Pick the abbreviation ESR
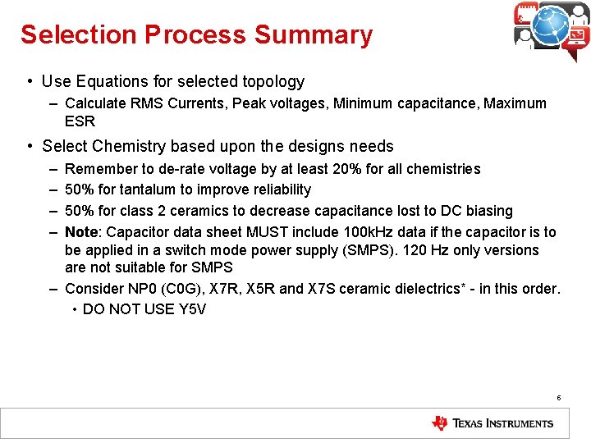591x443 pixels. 80,121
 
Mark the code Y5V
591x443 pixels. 190,309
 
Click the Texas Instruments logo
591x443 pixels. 492,423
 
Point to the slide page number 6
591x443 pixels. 558,398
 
